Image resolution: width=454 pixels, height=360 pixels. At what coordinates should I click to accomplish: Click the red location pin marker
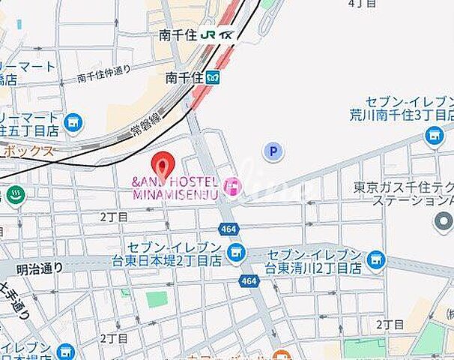(163, 163)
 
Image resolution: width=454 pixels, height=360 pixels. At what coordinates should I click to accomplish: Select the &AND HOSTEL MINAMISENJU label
(175, 188)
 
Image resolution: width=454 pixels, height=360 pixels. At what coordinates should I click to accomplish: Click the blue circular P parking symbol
(273, 152)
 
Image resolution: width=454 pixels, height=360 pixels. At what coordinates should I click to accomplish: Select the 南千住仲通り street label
(104, 73)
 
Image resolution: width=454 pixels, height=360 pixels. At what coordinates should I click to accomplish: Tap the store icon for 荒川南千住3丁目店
(434, 136)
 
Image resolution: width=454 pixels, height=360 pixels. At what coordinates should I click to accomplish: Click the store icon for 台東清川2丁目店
(376, 260)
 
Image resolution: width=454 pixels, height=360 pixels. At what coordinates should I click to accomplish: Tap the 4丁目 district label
(363, 4)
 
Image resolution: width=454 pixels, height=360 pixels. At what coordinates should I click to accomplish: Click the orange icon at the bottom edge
(281, 355)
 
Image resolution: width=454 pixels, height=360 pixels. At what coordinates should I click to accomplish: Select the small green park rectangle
(157, 298)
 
